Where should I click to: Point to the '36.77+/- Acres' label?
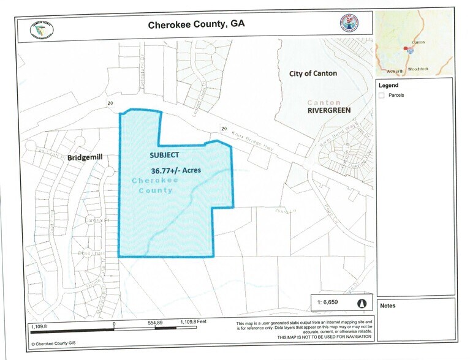tap(175, 170)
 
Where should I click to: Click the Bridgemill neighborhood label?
tap(85, 158)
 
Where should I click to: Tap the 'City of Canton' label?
tap(313, 73)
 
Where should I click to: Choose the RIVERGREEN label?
tap(328, 111)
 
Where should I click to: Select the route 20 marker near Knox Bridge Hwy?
tap(224, 129)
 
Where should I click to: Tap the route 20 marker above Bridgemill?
tap(110, 103)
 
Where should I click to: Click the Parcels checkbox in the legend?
tap(382, 95)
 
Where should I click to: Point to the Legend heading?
tap(389, 85)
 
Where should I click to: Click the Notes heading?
tap(388, 305)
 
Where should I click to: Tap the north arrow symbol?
tap(362, 303)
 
